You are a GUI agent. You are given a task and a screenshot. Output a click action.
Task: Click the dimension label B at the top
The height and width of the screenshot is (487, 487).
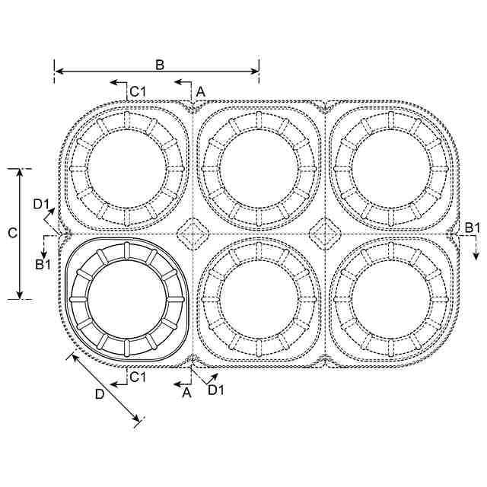click(x=160, y=65)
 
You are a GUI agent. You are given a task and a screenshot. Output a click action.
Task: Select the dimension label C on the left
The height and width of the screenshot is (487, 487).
click(x=12, y=234)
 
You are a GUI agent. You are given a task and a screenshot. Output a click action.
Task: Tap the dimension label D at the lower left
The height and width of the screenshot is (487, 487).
click(x=99, y=395)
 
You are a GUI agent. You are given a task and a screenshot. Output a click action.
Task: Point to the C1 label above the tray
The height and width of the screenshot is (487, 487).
click(x=137, y=92)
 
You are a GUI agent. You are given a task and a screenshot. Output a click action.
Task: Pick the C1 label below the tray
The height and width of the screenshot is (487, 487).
click(x=137, y=377)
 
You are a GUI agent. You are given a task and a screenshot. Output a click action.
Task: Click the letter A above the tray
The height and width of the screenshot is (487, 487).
click(x=200, y=91)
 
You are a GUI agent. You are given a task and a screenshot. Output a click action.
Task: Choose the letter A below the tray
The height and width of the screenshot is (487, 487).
click(x=186, y=393)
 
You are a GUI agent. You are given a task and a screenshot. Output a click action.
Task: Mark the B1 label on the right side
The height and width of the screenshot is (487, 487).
click(x=473, y=228)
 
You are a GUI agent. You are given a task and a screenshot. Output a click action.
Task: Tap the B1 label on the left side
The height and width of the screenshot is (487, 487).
click(x=43, y=264)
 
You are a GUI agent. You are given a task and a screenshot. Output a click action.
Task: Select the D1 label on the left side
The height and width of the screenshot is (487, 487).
click(x=42, y=204)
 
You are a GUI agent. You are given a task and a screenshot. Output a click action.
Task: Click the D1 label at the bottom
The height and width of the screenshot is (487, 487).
click(x=216, y=390)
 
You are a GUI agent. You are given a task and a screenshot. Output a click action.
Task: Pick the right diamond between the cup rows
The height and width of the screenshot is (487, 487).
click(x=326, y=231)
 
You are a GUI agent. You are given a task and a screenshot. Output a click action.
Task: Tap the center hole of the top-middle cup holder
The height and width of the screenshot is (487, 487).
click(x=259, y=169)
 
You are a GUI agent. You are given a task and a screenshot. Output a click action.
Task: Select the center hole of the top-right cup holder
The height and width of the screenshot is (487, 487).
click(x=391, y=169)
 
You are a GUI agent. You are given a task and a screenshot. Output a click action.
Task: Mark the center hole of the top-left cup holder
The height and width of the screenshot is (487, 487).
click(x=126, y=169)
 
